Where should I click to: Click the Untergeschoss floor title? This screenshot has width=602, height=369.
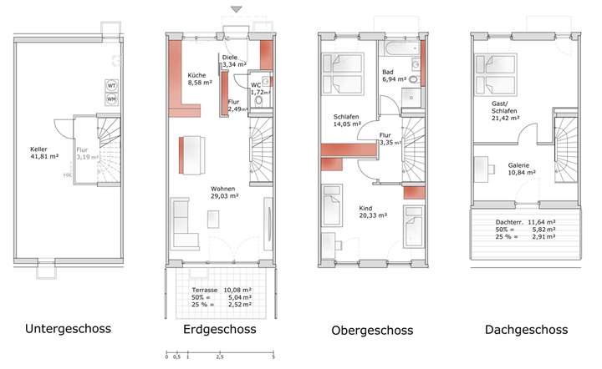(x=69, y=329)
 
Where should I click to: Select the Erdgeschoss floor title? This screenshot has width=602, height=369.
(x=219, y=330)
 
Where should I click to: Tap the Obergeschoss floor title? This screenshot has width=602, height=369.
(x=372, y=331)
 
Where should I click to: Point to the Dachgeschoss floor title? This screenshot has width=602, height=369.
(x=526, y=330)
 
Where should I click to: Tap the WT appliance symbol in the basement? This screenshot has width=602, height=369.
(x=111, y=85)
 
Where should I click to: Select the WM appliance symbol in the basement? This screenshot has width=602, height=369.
(x=111, y=99)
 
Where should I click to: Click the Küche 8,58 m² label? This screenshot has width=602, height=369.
(x=200, y=79)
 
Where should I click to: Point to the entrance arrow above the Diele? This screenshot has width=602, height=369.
(x=237, y=9)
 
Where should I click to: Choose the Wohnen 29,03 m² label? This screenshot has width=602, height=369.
(x=224, y=191)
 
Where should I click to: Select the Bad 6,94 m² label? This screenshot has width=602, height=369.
(x=394, y=75)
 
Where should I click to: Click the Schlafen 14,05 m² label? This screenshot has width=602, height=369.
(x=346, y=119)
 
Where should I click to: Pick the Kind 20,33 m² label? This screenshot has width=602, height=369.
(x=372, y=210)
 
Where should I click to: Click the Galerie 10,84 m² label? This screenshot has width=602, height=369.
(x=522, y=169)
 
